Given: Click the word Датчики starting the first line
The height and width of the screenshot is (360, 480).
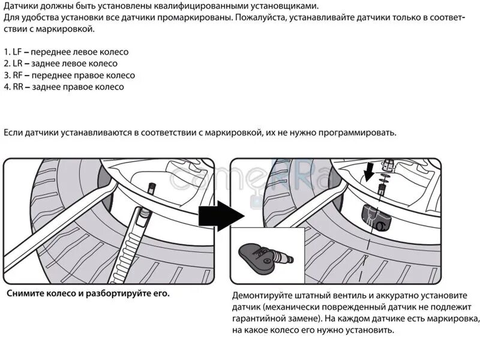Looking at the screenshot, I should (22, 6).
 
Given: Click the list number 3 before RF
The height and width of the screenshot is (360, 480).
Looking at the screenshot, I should (5, 76).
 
